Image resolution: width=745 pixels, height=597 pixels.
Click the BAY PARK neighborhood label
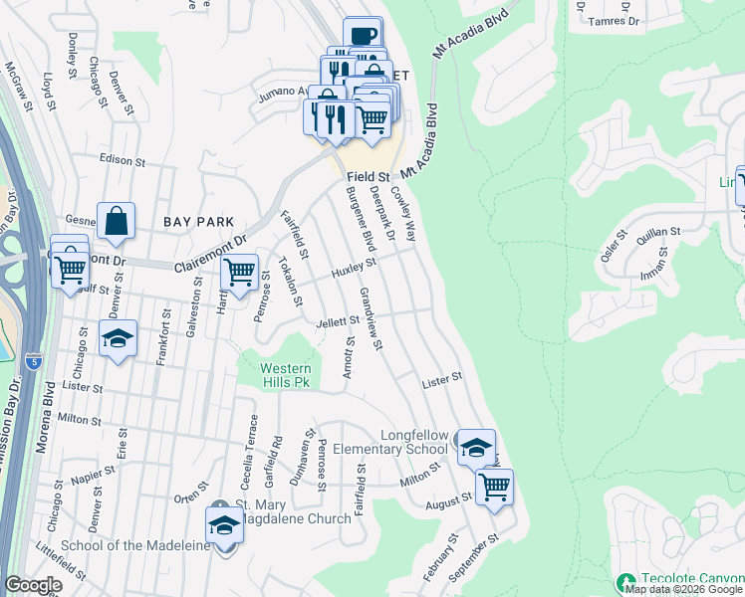200,222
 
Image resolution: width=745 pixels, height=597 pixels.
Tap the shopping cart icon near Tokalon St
239,272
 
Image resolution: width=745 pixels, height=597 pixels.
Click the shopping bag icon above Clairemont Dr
116,222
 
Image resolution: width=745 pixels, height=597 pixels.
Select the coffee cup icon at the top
363,36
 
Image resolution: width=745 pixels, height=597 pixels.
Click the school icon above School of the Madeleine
224,524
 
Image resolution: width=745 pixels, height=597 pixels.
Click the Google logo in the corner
33,585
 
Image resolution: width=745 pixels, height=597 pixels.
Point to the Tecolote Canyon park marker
626,581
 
